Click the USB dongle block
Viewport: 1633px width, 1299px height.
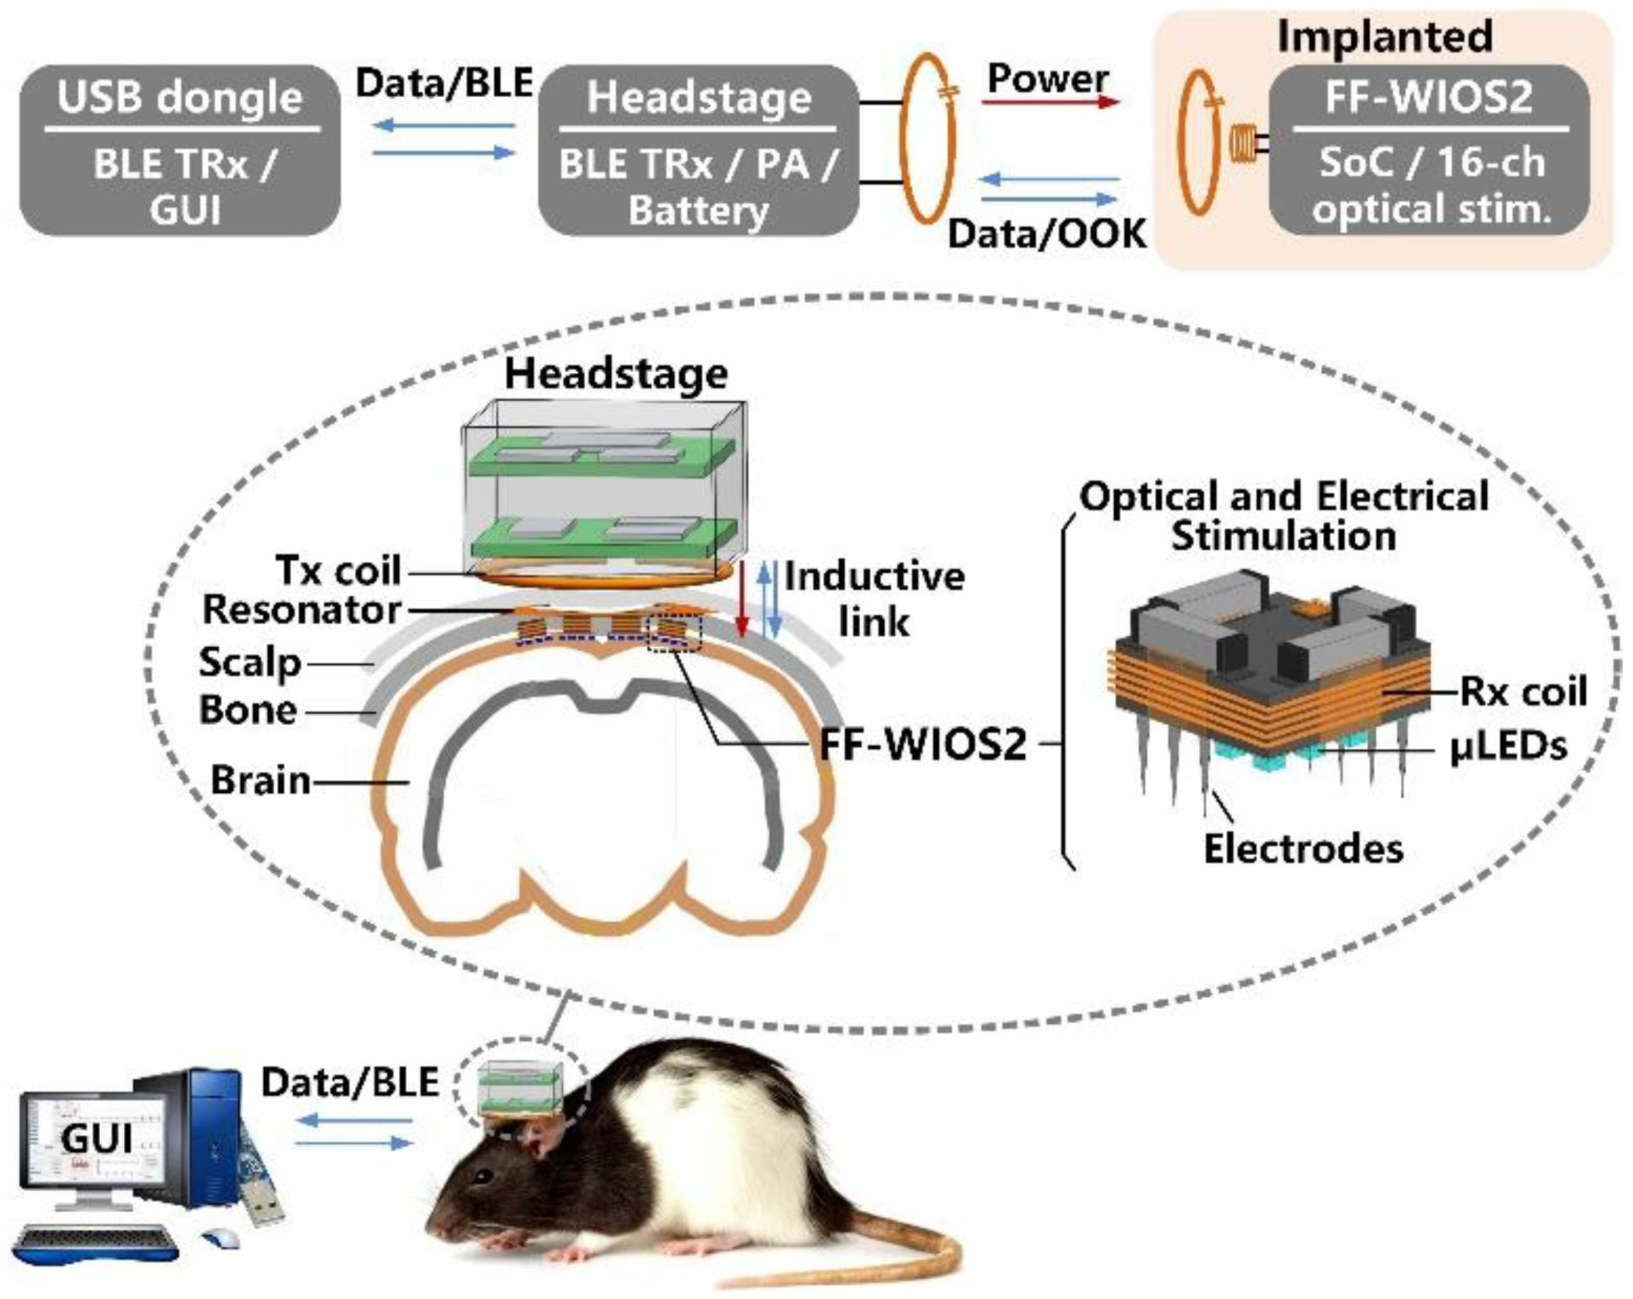(x=179, y=150)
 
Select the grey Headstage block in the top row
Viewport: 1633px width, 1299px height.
(x=697, y=150)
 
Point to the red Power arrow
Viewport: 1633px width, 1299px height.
(x=1050, y=101)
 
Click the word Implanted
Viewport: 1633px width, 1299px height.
(x=1385, y=36)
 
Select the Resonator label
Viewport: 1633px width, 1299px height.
(x=301, y=610)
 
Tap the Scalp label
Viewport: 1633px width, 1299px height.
(x=250, y=663)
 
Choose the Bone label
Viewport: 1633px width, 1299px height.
(x=248, y=710)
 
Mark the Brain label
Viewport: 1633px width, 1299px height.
(x=260, y=780)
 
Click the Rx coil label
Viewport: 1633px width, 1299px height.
(x=1523, y=691)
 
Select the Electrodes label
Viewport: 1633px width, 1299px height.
(x=1303, y=848)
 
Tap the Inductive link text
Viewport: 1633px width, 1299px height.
(x=874, y=598)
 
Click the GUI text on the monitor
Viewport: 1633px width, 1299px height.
(x=96, y=1138)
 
